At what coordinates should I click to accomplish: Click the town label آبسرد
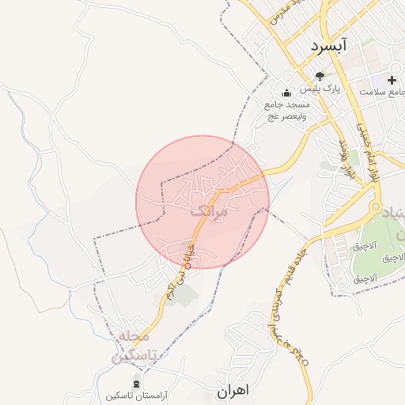click(329, 46)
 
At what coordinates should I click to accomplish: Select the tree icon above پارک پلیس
click(320, 77)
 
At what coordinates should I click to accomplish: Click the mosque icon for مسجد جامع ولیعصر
click(286, 93)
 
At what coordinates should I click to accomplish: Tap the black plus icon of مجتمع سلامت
click(392, 80)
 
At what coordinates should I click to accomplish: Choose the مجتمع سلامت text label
click(382, 92)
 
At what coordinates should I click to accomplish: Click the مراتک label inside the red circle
click(208, 212)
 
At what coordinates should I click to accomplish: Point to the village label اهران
click(233, 390)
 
